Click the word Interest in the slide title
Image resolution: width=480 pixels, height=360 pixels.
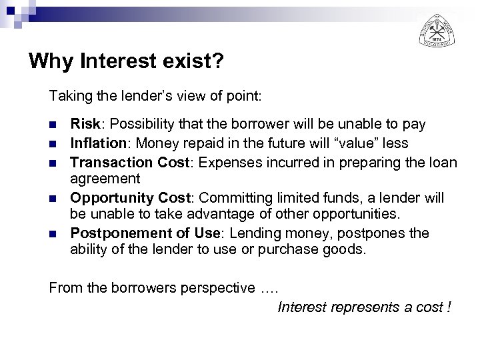click(x=117, y=62)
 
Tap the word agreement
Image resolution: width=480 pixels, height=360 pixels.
click(x=105, y=179)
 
